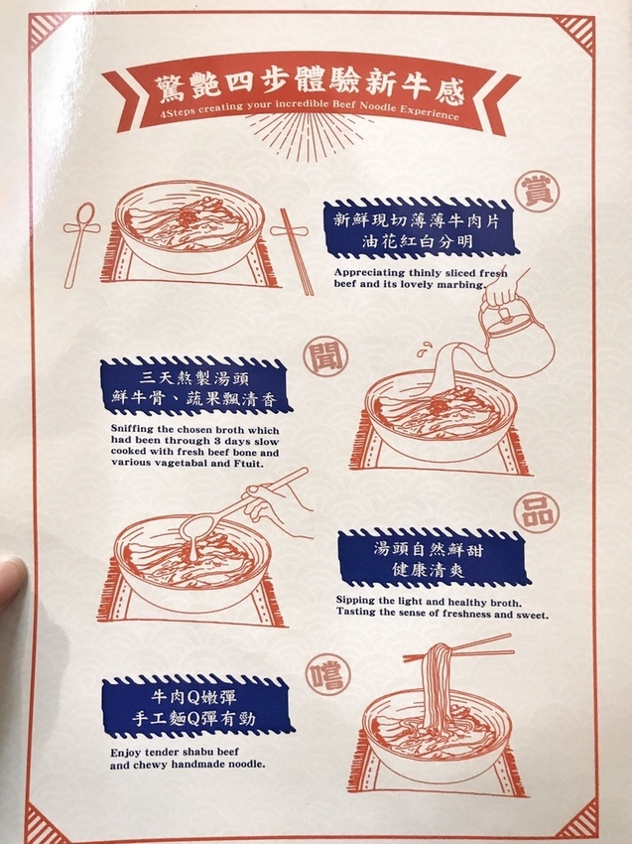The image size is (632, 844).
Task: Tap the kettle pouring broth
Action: click(x=515, y=338)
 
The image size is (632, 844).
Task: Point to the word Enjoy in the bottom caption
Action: click(x=127, y=753)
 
